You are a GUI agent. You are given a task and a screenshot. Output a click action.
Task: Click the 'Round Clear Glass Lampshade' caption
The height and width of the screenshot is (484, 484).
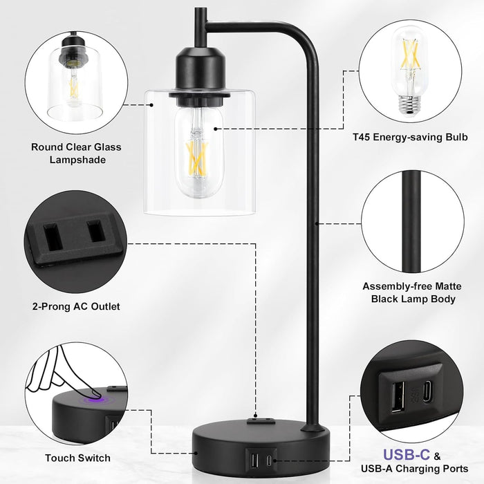point(76,153)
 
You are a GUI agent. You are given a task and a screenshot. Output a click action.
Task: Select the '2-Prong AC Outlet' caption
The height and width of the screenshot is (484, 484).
point(76,306)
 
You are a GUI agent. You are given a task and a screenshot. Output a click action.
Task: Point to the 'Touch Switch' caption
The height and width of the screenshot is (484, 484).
point(77,458)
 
